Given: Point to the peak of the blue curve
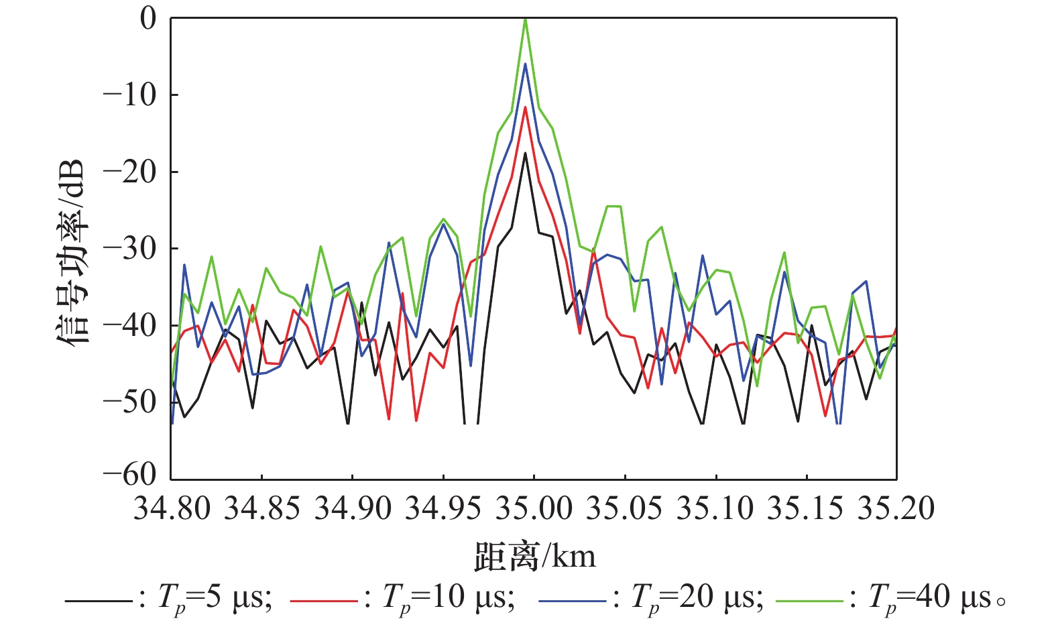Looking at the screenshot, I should [526, 64].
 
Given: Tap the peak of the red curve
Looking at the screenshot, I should [526, 107].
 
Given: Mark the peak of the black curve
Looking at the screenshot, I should [526, 153].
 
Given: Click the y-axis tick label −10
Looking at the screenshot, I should [129, 95].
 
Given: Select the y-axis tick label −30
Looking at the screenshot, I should [129, 248].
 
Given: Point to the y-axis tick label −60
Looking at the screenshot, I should [129, 474].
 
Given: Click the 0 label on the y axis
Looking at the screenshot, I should [148, 18].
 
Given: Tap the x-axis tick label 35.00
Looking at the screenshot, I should [534, 508].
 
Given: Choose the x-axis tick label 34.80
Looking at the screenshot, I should [172, 508].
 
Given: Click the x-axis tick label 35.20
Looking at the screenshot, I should [896, 508].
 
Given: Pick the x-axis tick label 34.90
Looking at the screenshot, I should [353, 508].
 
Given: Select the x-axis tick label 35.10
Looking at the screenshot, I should [715, 508].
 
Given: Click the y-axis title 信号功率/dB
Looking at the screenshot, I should [71, 251].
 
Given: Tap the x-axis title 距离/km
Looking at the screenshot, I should [534, 556].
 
